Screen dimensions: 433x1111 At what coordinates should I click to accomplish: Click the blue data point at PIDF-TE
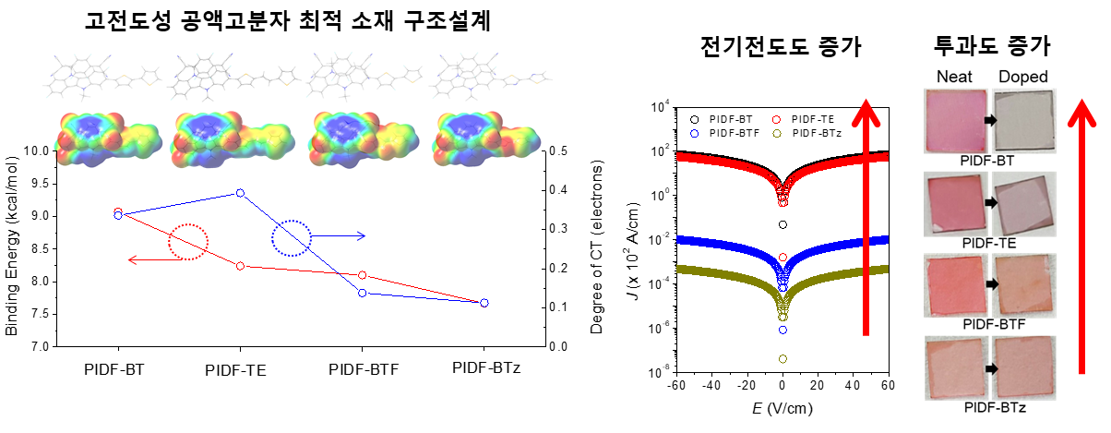(x=240, y=193)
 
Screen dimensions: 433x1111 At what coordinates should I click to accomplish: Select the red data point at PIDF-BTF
(x=363, y=275)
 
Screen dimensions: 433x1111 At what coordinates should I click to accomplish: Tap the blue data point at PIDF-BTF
(x=363, y=293)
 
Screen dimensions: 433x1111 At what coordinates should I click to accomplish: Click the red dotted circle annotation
(x=188, y=242)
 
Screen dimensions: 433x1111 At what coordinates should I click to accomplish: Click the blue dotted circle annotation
(x=292, y=238)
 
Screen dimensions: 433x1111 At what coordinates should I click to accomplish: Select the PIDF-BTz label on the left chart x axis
(x=486, y=368)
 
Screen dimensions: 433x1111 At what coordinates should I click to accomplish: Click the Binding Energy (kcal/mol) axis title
(x=12, y=249)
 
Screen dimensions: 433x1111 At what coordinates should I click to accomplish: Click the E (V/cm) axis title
(x=782, y=405)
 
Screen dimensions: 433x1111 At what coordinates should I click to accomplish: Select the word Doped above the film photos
(x=1024, y=77)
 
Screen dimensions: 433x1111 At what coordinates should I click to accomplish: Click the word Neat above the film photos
(x=954, y=77)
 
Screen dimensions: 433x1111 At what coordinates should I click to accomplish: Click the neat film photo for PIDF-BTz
(x=955, y=368)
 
